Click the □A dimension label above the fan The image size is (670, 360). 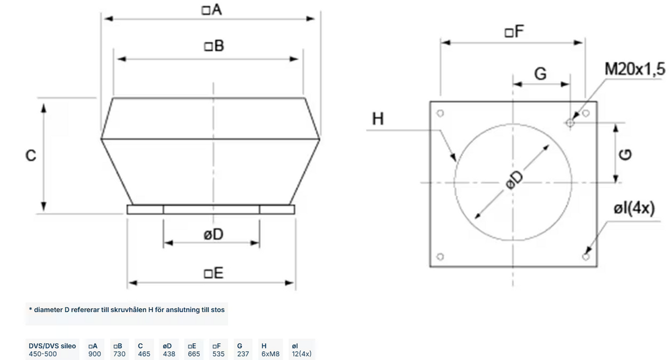click(x=211, y=9)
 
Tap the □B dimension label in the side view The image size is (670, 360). click(x=214, y=46)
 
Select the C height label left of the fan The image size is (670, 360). click(x=31, y=156)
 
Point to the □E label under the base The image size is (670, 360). click(x=213, y=273)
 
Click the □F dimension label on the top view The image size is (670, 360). click(x=514, y=32)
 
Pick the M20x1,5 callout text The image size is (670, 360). click(x=635, y=70)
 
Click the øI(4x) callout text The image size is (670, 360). click(x=634, y=208)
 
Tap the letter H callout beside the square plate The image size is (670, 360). click(x=377, y=119)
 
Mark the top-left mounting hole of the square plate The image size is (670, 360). click(x=440, y=114)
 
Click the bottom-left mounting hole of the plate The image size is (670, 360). click(x=440, y=256)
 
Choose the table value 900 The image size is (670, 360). click(x=95, y=354)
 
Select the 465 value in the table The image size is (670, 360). click(x=144, y=354)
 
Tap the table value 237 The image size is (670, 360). click(x=243, y=354)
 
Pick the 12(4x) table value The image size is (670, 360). click(x=302, y=354)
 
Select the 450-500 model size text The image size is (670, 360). click(x=43, y=354)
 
